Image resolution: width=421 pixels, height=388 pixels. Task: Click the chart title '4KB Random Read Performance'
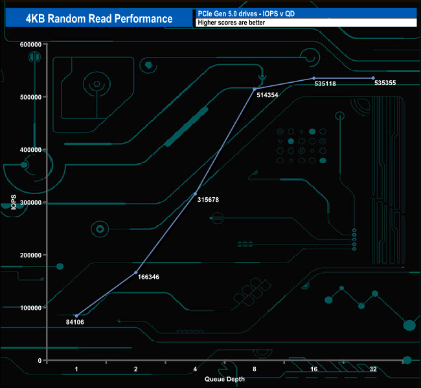(x=98, y=18)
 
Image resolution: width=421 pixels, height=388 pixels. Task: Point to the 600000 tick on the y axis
(x=31, y=44)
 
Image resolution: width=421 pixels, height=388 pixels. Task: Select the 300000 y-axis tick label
(x=31, y=202)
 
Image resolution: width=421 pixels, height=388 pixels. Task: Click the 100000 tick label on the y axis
(x=31, y=308)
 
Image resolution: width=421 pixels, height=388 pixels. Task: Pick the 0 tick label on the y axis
(x=40, y=360)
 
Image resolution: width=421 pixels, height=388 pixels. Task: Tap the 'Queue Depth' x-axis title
(x=225, y=379)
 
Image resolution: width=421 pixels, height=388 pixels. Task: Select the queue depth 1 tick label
(x=76, y=369)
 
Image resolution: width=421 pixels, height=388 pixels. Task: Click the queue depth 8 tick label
(x=255, y=369)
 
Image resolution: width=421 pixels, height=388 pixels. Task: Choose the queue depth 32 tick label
(x=373, y=369)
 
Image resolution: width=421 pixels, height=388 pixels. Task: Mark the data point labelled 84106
(x=76, y=316)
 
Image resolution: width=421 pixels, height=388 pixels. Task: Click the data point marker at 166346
(x=136, y=272)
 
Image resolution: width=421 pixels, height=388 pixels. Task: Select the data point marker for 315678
(x=195, y=193)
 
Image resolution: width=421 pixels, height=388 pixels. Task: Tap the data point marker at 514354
(x=255, y=89)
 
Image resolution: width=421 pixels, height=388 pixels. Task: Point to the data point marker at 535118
(x=313, y=78)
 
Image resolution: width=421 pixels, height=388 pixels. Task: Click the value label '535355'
(x=385, y=83)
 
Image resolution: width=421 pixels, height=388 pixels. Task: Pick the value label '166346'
(x=149, y=277)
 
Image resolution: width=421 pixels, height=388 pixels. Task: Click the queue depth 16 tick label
(x=313, y=369)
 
